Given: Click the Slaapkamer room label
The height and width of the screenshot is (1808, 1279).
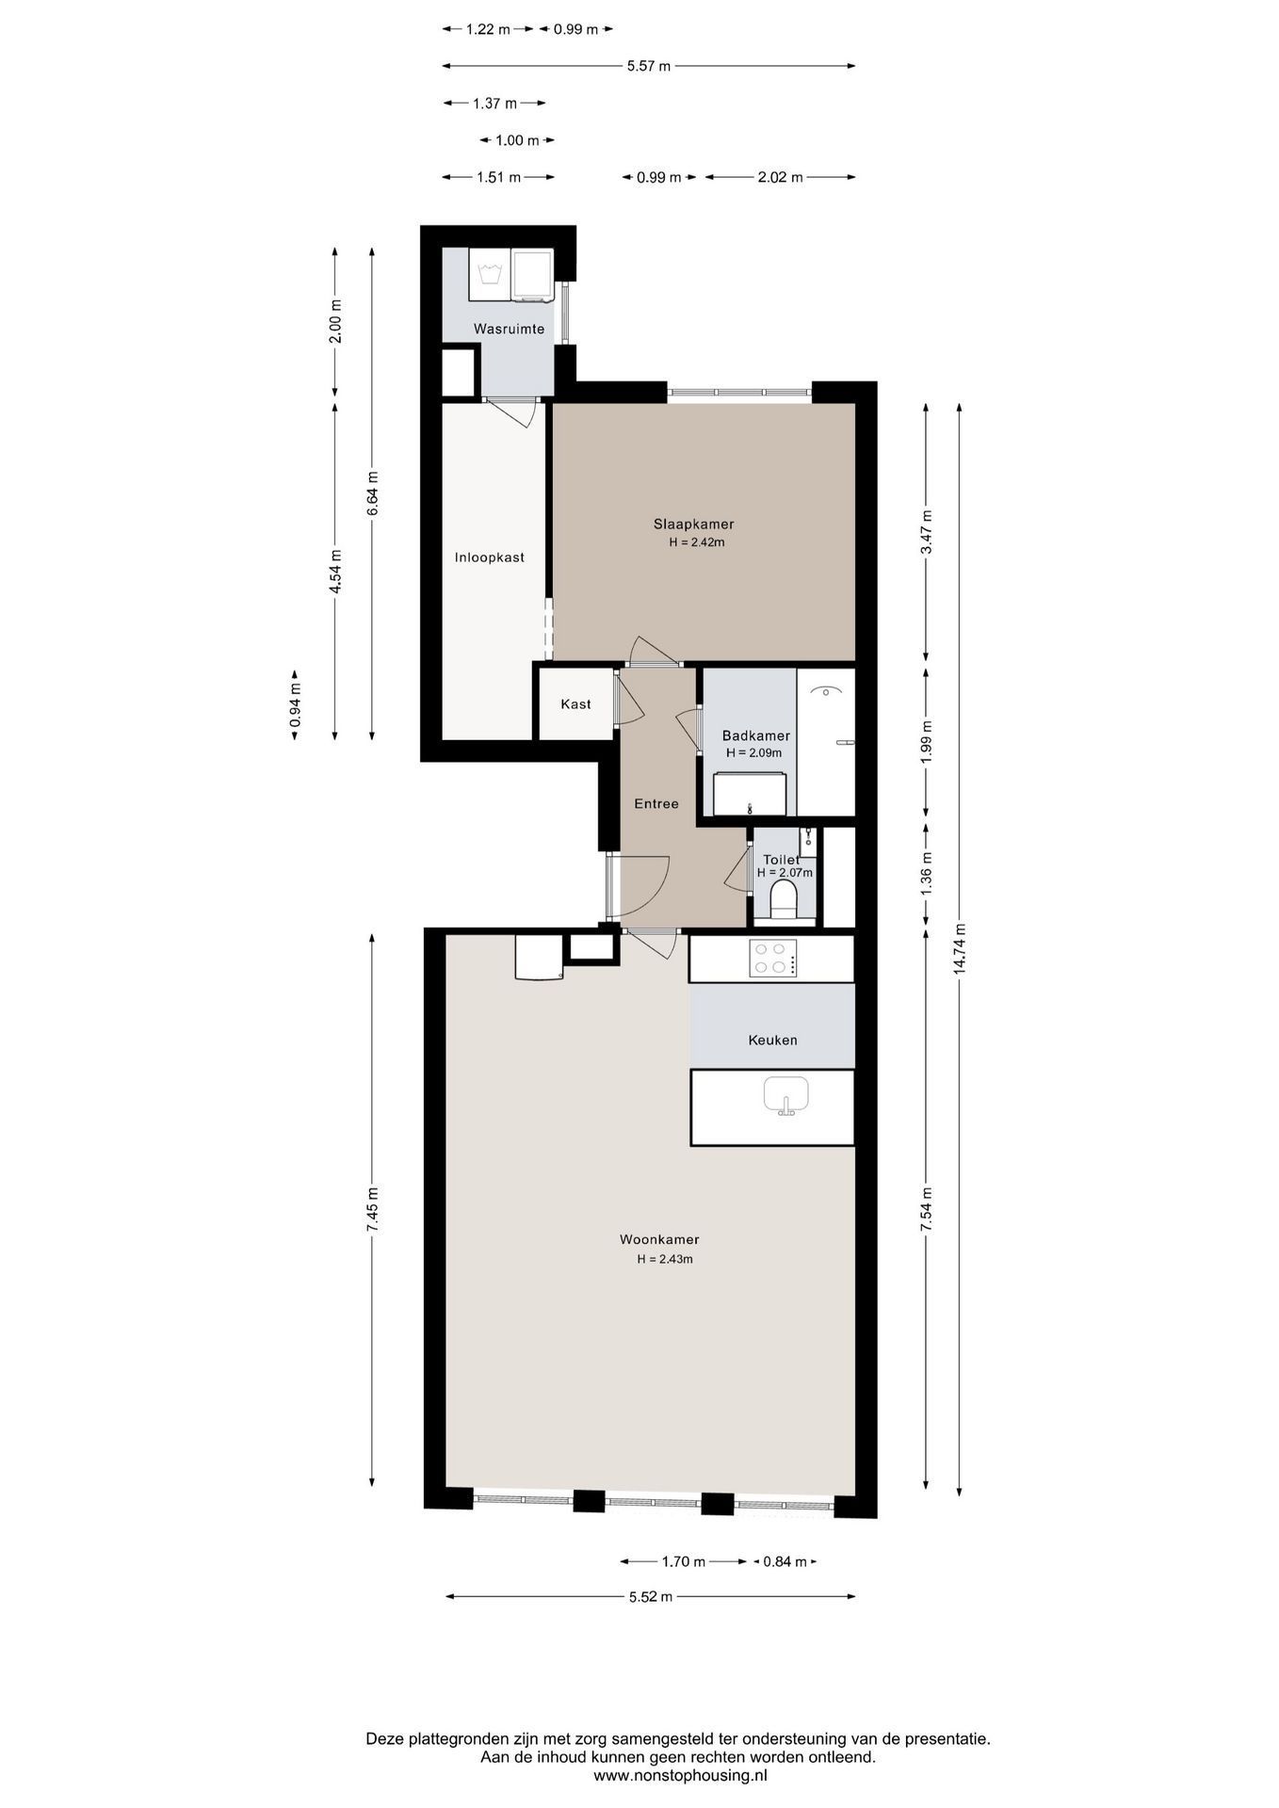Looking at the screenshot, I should pyautogui.click(x=693, y=525).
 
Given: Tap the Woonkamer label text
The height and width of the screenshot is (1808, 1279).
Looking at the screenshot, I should pyautogui.click(x=659, y=1240).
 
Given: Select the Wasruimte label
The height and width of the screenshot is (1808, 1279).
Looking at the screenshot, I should pyautogui.click(x=509, y=330).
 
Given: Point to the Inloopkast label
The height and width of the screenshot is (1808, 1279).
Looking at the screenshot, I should pyautogui.click(x=489, y=557).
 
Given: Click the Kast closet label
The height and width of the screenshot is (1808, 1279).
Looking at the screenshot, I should pyautogui.click(x=575, y=704).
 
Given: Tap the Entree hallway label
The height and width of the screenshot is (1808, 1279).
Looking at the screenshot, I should pyautogui.click(x=656, y=804).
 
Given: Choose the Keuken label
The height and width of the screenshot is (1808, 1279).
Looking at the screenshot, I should pyautogui.click(x=772, y=1041).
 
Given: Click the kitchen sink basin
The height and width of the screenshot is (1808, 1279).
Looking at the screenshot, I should pyautogui.click(x=785, y=1095).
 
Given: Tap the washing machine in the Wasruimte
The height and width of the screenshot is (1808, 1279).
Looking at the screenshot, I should pyautogui.click(x=489, y=275).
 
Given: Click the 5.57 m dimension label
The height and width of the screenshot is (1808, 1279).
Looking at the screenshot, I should pyautogui.click(x=649, y=66).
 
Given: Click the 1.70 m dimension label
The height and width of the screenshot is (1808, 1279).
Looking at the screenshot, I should pyautogui.click(x=683, y=1562).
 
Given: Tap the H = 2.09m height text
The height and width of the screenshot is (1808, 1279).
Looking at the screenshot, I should pyautogui.click(x=753, y=753).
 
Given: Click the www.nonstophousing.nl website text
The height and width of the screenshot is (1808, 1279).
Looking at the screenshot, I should pyautogui.click(x=680, y=1775).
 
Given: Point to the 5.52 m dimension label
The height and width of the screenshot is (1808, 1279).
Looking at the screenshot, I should pyautogui.click(x=651, y=1597).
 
